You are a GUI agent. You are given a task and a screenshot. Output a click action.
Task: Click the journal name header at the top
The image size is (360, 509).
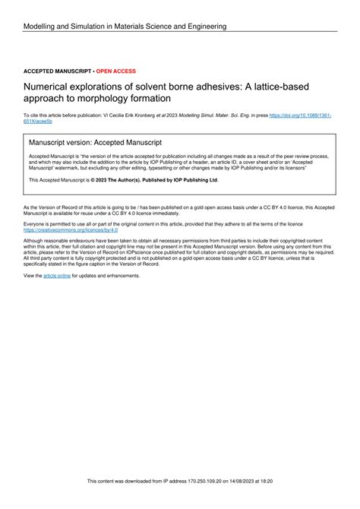[125, 27]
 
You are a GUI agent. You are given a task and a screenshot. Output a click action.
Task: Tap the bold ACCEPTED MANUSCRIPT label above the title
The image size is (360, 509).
[57, 71]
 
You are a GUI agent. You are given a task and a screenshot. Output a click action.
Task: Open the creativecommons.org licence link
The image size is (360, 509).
[66, 229]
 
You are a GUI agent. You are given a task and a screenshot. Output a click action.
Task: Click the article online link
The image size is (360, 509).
[57, 276]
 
